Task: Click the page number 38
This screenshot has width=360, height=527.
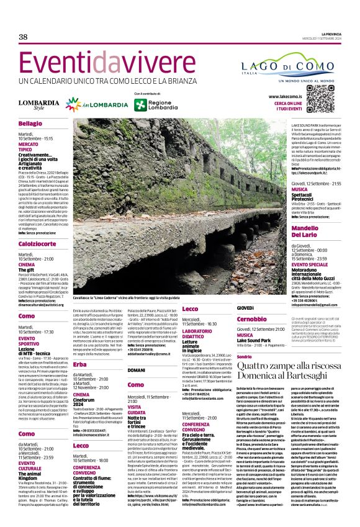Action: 23,38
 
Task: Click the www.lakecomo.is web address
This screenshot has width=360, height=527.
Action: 286,97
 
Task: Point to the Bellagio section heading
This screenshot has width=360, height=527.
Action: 30,124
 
